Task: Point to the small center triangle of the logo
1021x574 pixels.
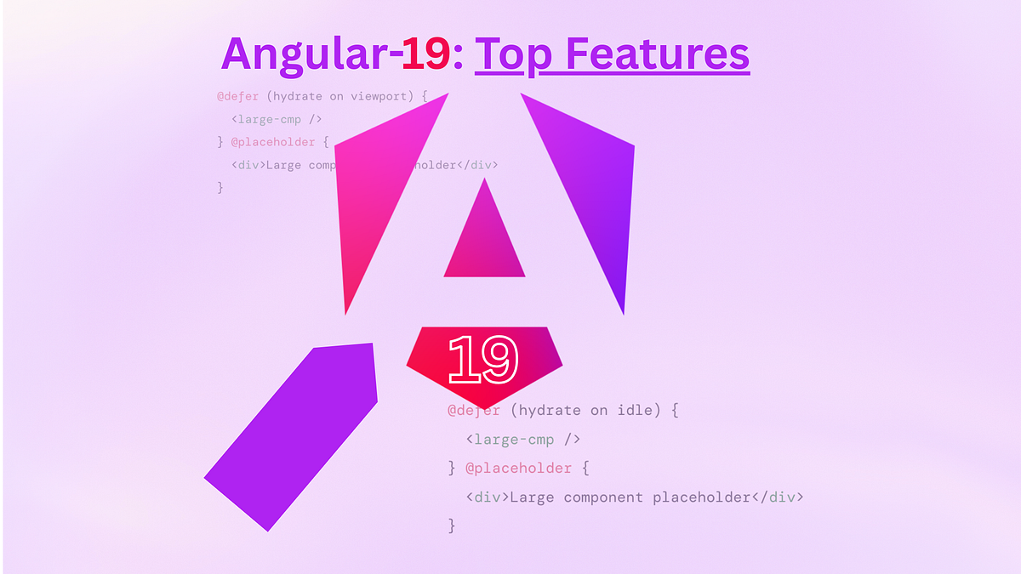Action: coord(484,242)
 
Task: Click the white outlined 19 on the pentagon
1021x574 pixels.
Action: coord(482,359)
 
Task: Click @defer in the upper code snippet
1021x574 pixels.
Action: coord(237,96)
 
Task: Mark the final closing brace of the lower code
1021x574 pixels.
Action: coord(452,526)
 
